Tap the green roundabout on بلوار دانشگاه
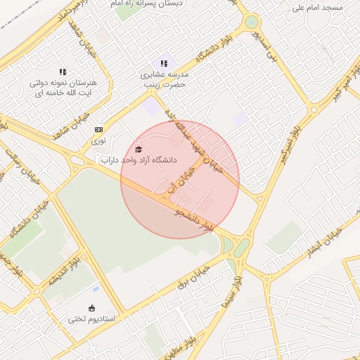point(251,22)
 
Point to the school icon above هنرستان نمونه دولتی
point(63,72)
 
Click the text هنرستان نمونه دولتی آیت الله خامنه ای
point(63,88)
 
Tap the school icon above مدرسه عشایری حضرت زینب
point(165,63)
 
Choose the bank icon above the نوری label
point(98,129)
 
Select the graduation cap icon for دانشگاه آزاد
point(139,149)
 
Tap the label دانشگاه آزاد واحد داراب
point(139,160)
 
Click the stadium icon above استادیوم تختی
point(91,307)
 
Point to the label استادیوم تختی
point(91,319)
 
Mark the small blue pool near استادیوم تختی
point(95,288)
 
